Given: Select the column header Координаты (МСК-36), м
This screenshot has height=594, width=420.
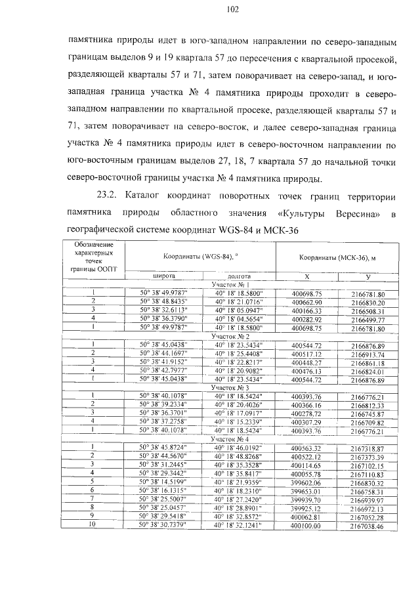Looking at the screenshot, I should (x=337, y=257).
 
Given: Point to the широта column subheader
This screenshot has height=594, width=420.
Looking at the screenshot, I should (x=164, y=276).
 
